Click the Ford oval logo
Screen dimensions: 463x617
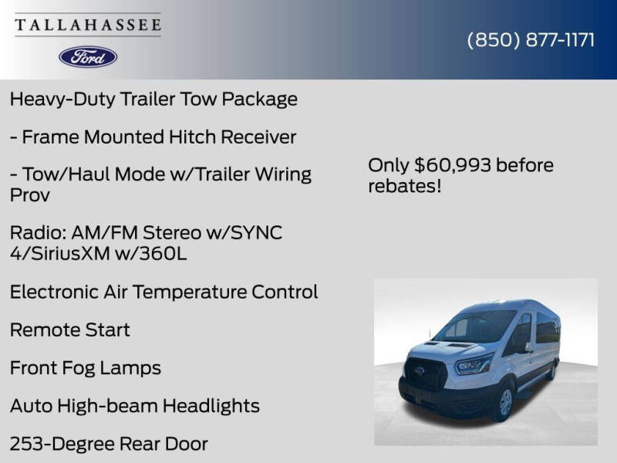(88, 56)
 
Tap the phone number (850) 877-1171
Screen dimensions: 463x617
(531, 40)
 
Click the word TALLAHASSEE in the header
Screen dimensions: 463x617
(88, 25)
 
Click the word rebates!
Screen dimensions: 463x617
(405, 186)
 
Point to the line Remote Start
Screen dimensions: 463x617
(69, 330)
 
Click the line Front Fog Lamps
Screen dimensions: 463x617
(86, 367)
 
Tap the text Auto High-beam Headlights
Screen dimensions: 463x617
(135, 405)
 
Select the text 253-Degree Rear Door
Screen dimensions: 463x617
(109, 444)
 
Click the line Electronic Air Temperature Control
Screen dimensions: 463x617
(164, 292)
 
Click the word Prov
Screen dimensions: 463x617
(30, 194)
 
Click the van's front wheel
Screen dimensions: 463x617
(504, 401)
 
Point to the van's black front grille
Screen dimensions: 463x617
(426, 373)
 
